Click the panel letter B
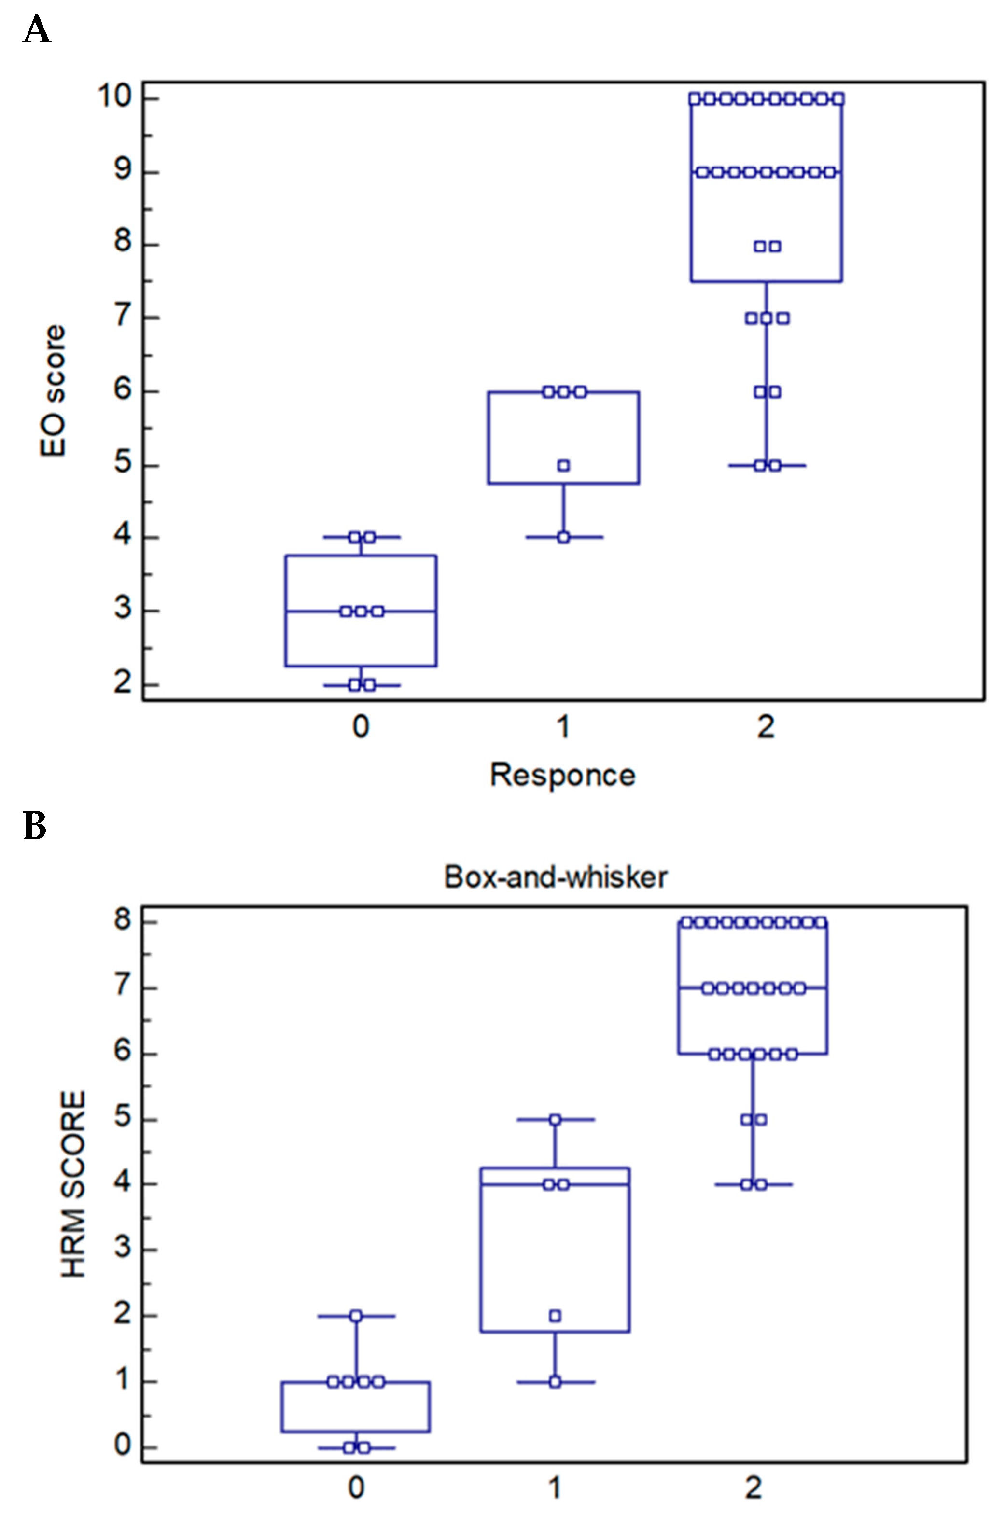35,826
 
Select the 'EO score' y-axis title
53,391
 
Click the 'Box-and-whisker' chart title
556,876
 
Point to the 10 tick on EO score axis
114,97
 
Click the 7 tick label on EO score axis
123,317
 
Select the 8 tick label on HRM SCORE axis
123,921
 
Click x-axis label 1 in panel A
563,727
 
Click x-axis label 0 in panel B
356,1487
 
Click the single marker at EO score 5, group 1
563,465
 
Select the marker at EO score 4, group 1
563,537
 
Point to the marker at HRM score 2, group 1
555,1316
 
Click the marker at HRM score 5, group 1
555,1120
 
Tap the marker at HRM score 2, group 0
356,1316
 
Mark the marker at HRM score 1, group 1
555,1382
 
